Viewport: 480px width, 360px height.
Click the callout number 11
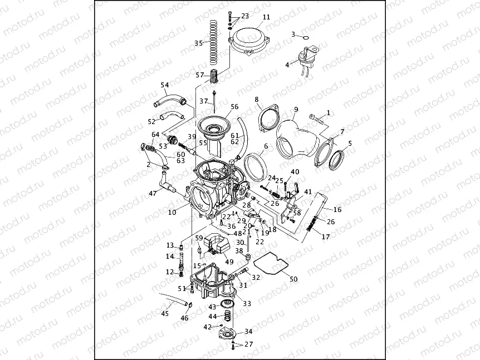(x=266, y=17)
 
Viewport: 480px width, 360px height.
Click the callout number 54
(x=164, y=85)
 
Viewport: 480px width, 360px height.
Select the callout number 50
(x=294, y=278)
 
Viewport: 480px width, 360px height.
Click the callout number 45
(x=164, y=314)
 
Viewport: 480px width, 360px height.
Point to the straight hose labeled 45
(x=173, y=299)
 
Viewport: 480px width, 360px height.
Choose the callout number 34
(x=248, y=332)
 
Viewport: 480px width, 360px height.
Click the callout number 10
(x=172, y=212)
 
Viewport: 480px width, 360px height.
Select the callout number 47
(x=153, y=194)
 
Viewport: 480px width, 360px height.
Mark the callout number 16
(x=337, y=210)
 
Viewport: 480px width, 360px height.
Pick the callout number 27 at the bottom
(x=248, y=344)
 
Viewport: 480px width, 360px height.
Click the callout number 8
(x=257, y=100)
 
